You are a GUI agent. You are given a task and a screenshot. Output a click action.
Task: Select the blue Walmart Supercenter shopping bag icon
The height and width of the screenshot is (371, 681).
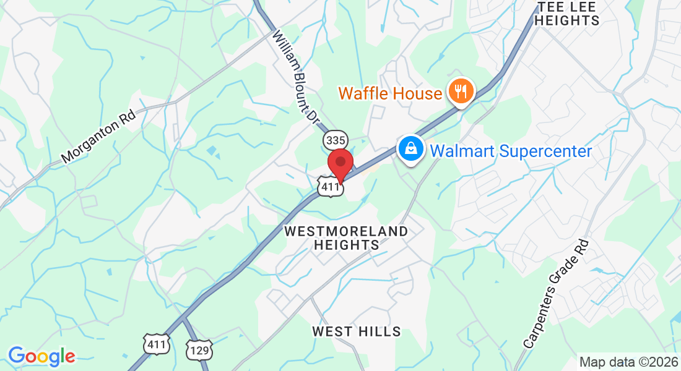click(409, 148)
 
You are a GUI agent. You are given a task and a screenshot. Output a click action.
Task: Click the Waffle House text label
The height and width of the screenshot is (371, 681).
click(390, 94)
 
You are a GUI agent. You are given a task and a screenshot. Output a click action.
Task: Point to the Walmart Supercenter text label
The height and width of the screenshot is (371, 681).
click(511, 151)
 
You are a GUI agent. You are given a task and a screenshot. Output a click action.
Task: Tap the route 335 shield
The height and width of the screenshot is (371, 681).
click(335, 141)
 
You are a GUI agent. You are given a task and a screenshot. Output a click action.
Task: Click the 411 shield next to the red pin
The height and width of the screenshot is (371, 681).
click(330, 187)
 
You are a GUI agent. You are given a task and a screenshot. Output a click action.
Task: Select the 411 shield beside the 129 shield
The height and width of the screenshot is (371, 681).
click(156, 344)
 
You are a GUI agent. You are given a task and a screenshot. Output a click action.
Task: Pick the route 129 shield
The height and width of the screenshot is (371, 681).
click(199, 349)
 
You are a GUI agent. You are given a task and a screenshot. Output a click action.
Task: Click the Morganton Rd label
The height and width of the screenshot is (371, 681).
click(98, 137)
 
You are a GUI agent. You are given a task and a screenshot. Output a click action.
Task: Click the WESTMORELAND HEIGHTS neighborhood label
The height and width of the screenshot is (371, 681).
click(346, 238)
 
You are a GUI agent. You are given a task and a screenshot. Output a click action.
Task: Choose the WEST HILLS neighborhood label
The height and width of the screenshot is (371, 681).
click(356, 332)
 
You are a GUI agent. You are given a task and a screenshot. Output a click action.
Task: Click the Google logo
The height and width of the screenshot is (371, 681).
click(41, 356)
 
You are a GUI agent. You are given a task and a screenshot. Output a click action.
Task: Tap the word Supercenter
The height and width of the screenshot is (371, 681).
click(546, 151)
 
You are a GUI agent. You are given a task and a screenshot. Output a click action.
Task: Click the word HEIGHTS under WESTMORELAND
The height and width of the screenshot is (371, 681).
click(346, 245)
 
